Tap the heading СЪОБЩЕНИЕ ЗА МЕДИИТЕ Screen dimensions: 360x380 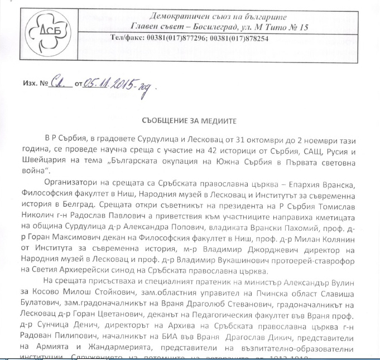[x=190, y=120]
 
